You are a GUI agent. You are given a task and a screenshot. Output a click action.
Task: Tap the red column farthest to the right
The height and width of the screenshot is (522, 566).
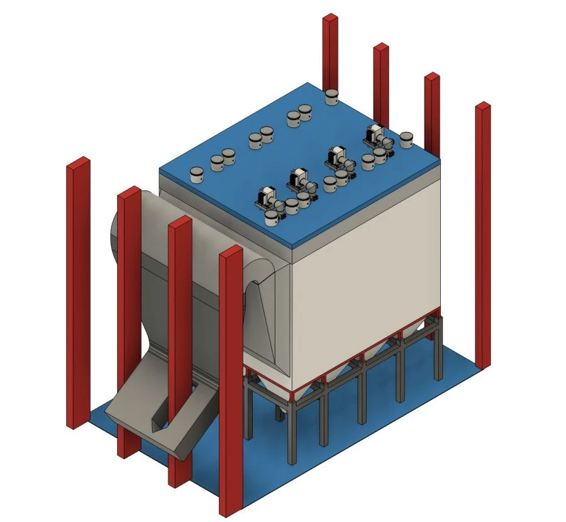482,233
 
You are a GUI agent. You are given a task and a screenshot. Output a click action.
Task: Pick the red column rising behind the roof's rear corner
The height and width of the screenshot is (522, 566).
331,50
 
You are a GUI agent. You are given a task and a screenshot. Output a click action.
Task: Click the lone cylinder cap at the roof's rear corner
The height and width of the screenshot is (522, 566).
331,96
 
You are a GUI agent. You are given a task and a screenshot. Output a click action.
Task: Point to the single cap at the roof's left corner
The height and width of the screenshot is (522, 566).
196,174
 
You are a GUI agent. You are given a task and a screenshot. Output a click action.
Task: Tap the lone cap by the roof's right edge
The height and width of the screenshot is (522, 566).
406,138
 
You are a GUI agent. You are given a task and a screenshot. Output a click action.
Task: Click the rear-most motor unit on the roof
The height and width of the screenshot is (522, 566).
375,133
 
